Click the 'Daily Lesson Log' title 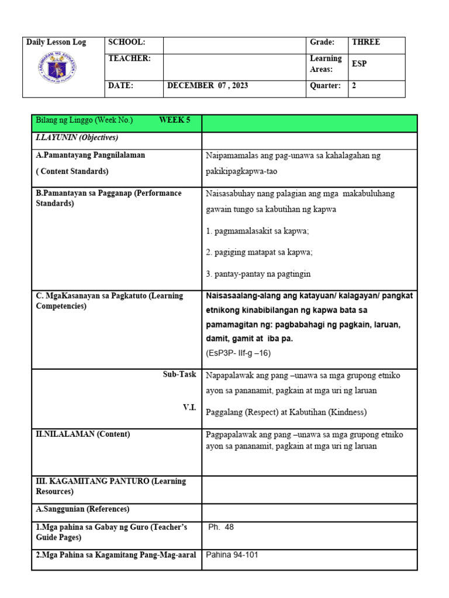pos(56,43)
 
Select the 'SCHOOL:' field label pos(126,43)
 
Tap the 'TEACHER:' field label pos(129,58)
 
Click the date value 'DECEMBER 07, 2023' pos(208,86)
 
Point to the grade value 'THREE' pos(365,42)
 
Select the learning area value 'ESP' pos(359,64)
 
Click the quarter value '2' pos(354,86)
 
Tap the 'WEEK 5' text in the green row pos(175,120)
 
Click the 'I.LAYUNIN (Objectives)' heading pos(77,138)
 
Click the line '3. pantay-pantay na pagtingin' pos(258,274)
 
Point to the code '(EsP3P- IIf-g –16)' pos(238,353)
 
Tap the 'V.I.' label pos(189,408)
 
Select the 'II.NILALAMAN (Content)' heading pos(83,434)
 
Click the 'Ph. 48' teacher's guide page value pos(221,527)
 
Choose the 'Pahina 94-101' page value pos(232,555)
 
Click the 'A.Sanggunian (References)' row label pos(82,509)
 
